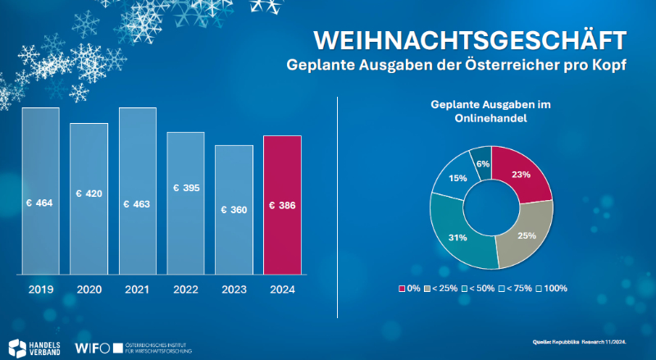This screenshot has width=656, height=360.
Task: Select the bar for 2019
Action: [x=40, y=190]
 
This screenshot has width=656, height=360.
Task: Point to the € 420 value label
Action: [x=89, y=194]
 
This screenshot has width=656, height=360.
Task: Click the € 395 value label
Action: [x=186, y=188]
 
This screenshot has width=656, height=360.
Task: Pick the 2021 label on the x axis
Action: [x=137, y=289]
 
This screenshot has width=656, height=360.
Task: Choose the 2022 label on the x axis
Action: [x=185, y=289]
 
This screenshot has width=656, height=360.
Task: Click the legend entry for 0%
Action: [x=410, y=288]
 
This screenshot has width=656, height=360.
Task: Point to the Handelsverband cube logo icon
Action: [x=16, y=347]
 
